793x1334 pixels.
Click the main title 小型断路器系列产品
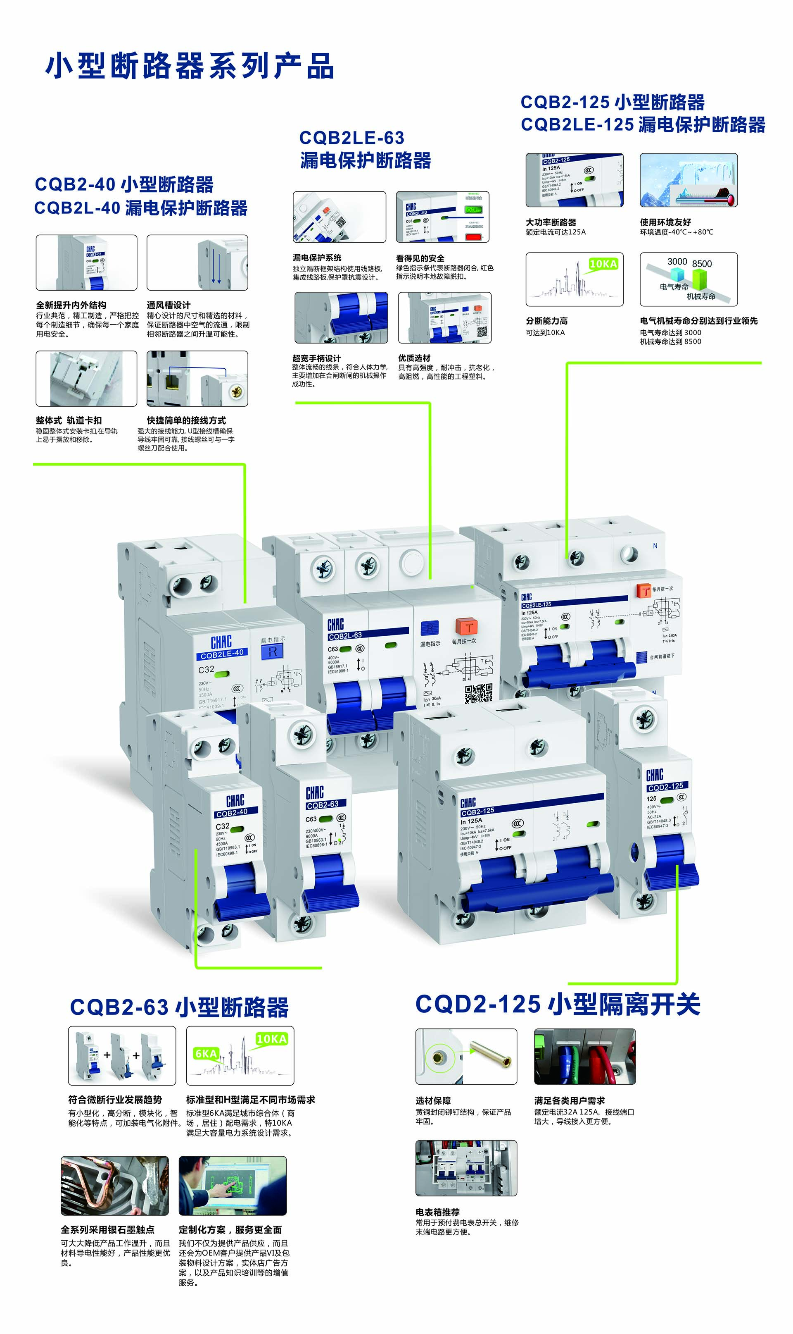190,66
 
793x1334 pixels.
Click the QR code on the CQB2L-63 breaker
478,693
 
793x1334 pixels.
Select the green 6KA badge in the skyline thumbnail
206,1053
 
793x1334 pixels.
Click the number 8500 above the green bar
702,264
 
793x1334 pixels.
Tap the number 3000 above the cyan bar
677,261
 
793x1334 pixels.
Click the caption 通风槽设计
169,305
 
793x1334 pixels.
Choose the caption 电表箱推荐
437,1212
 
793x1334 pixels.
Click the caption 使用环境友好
665,222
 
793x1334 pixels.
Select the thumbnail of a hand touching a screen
233,1185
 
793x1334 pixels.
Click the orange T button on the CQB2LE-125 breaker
644,590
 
